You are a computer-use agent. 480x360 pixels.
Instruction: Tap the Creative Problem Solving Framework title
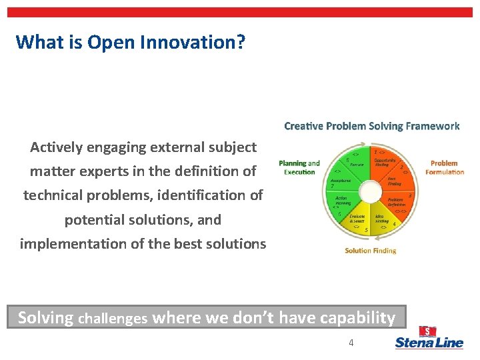pyautogui.click(x=371, y=126)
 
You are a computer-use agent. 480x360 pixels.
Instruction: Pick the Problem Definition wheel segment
pyautogui.click(x=396, y=202)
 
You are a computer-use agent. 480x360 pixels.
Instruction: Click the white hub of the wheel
pyautogui.click(x=369, y=191)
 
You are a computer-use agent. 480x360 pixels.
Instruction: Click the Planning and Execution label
pyautogui.click(x=299, y=167)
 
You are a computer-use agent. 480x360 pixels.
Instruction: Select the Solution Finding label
pyautogui.click(x=370, y=251)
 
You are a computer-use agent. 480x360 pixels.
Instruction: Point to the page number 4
pyautogui.click(x=351, y=343)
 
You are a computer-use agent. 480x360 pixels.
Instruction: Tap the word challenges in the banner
pyautogui.click(x=113, y=319)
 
